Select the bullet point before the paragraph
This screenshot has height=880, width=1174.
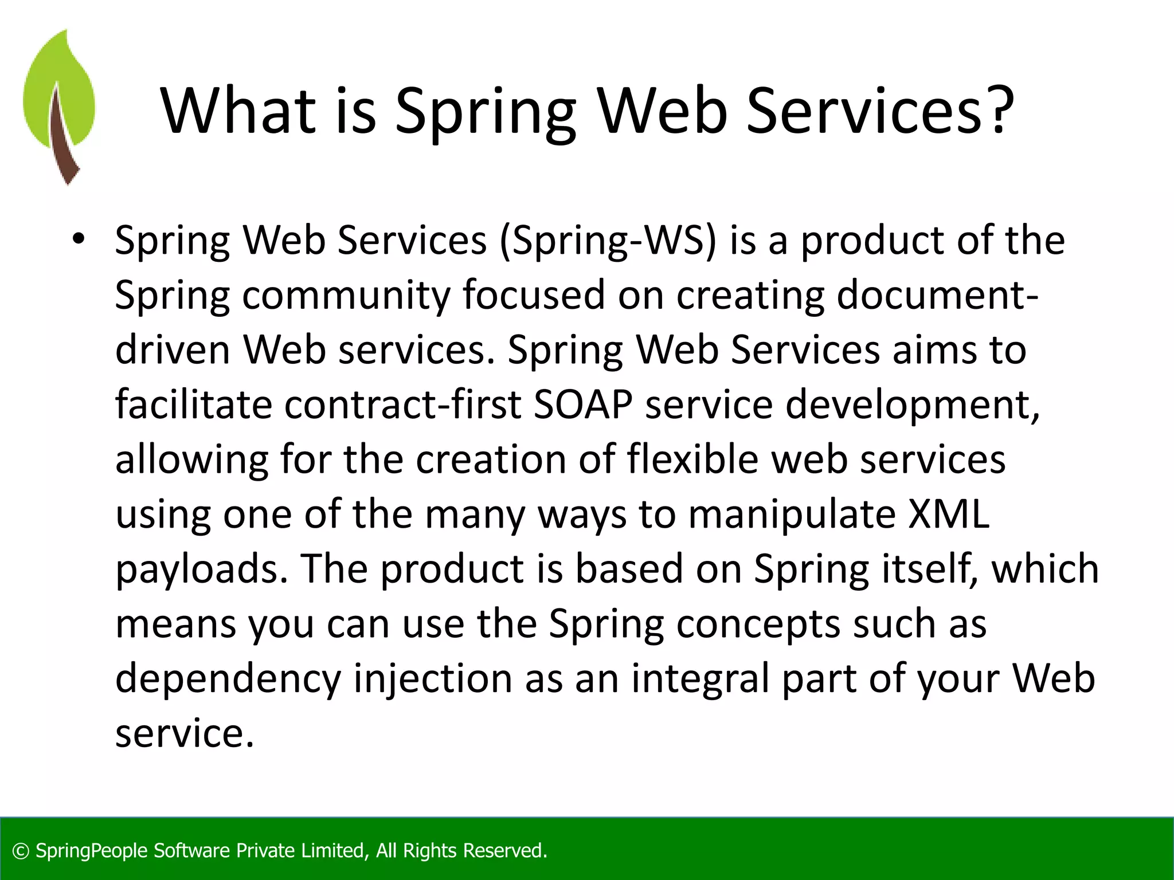pos(79,239)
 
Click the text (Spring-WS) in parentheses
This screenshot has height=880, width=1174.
pos(608,241)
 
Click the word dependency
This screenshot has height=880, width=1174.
pos(228,679)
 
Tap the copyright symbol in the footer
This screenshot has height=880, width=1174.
pos(21,851)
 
